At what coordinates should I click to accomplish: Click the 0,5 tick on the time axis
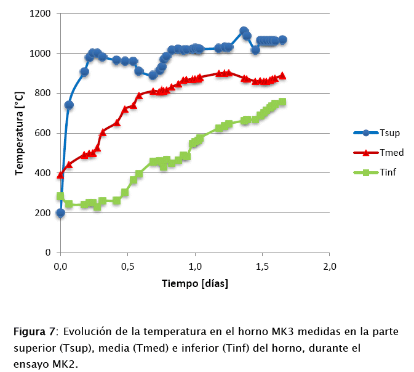(x=127, y=267)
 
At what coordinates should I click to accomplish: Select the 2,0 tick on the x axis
(x=330, y=267)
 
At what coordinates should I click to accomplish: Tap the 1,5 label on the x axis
(x=262, y=267)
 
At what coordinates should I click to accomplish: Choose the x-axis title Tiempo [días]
(x=195, y=284)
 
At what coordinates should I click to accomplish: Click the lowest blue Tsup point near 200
(x=60, y=213)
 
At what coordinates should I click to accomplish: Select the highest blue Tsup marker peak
(x=244, y=31)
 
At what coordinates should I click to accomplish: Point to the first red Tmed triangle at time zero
(x=60, y=175)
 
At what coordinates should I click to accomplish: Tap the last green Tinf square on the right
(x=282, y=102)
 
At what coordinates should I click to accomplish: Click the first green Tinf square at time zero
(x=60, y=196)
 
